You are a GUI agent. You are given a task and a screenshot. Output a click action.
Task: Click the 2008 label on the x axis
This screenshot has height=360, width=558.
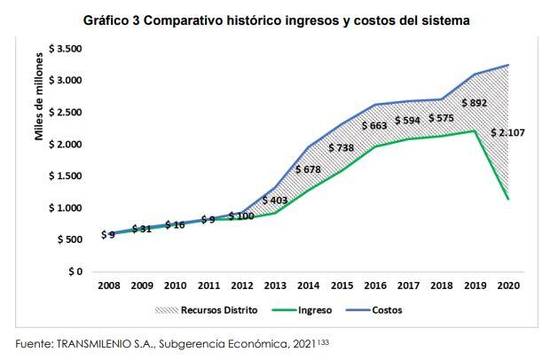click(x=110, y=287)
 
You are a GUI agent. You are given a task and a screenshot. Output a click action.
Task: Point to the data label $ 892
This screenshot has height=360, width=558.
click(x=475, y=103)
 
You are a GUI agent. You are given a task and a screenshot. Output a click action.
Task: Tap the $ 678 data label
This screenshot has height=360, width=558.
click(x=310, y=169)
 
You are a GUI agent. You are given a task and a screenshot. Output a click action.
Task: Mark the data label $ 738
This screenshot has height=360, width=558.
click(x=343, y=148)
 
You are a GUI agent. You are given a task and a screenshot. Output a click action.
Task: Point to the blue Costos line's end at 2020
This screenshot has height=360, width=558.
click(x=508, y=65)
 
